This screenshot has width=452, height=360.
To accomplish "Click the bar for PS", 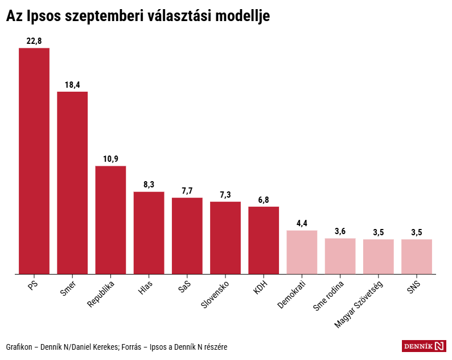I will pos(34,161).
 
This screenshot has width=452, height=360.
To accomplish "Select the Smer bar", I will pos(72,182).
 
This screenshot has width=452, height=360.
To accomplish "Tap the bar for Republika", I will pos(110,220).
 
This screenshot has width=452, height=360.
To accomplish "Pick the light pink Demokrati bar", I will pos(302,252).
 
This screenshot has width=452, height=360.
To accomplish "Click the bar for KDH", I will pos(264,240).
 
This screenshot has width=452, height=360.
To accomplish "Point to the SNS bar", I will pos(417,256).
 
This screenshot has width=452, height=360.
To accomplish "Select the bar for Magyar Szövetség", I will pos(379,256).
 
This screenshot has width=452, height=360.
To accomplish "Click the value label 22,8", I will pos(34,41).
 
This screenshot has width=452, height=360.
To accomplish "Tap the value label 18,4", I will pos(72,85).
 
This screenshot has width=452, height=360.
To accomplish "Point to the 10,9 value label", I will pos(110,159).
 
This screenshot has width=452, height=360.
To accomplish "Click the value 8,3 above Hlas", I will pos(149,185).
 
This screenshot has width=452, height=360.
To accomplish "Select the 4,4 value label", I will pos(302,223).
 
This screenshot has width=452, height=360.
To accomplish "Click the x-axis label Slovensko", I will pos(216,294).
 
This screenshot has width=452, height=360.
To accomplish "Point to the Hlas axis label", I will pos(146,287).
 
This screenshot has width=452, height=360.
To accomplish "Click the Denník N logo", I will pos(424,346).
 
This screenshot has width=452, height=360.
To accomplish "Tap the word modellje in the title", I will pos(238,17).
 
